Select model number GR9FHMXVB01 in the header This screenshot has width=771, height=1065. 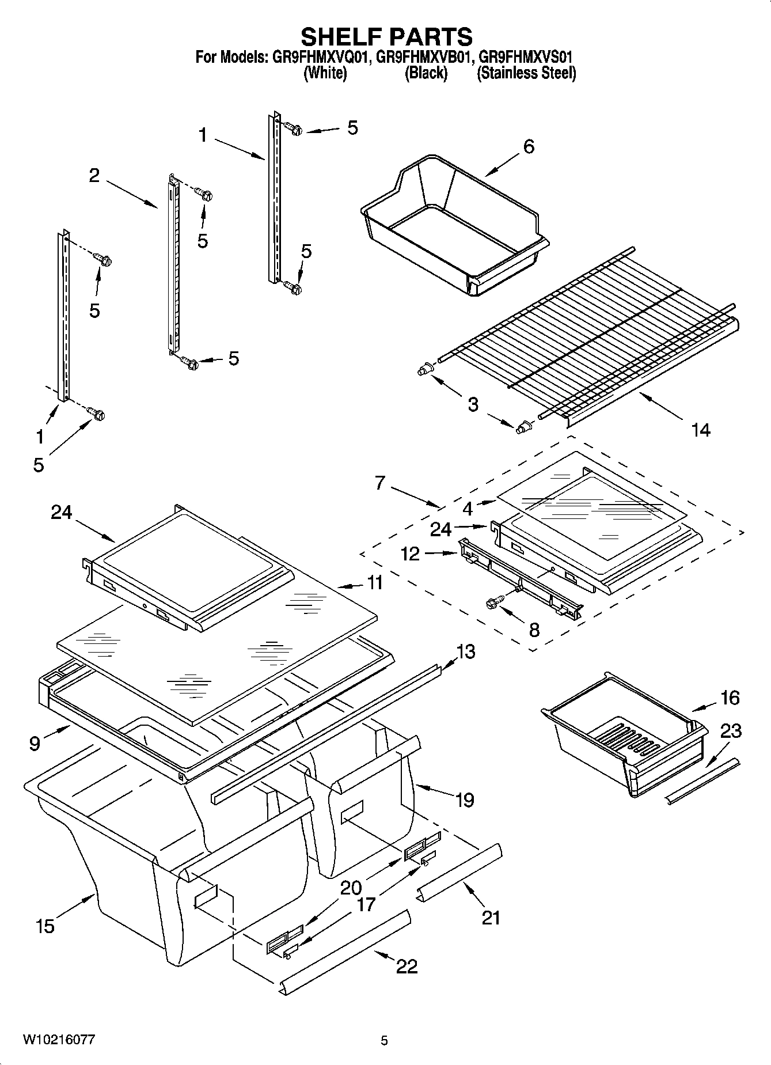pos(425,57)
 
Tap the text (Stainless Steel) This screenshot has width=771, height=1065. pos(526,73)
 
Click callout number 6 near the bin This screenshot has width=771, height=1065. pos(528,147)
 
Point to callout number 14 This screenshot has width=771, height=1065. pos(700,429)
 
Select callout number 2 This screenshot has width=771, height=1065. pos(94,176)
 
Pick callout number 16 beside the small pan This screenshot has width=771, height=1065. pos(730,698)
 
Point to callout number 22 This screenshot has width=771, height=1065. pos(407,966)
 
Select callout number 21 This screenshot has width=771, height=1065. pos(491,917)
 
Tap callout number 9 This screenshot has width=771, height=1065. pos(35,744)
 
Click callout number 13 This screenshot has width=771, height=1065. pos(466,651)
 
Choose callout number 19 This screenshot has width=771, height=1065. pos(465,799)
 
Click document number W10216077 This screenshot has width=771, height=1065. pos(59,1040)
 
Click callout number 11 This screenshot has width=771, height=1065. pos(375,582)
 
